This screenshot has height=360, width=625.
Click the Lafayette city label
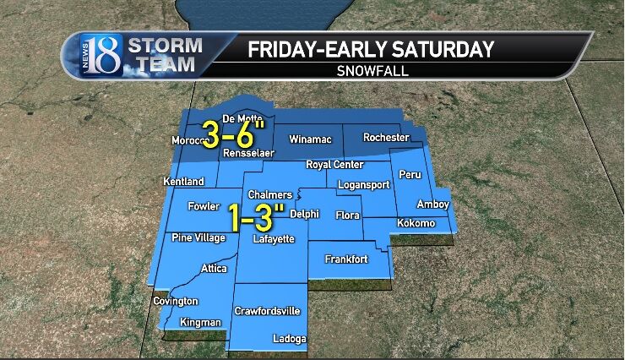click(274, 239)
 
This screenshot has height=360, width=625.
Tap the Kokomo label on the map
click(416, 223)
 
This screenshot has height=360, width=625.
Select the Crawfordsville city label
click(267, 311)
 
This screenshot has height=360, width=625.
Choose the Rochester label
click(386, 137)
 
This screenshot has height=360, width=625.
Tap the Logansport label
click(361, 184)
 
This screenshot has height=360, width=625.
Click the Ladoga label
click(289, 339)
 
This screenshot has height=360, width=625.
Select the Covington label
click(176, 301)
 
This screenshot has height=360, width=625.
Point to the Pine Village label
click(198, 237)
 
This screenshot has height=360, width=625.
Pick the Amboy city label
click(433, 205)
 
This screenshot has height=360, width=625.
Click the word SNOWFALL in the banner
click(370, 71)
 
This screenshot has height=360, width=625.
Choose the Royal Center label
click(334, 165)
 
